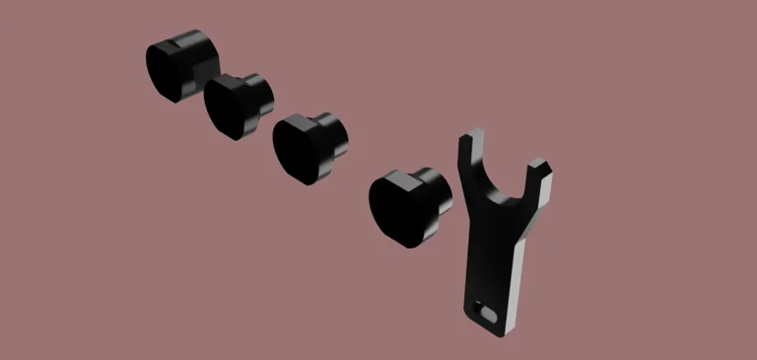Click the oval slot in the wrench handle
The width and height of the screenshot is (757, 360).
486,310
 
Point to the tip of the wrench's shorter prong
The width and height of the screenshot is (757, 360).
538,164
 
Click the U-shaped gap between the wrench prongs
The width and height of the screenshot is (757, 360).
506,179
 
